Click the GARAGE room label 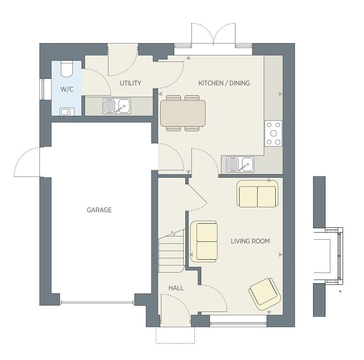(x=99, y=210)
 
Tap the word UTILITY (x=131, y=83)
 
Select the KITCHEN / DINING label (x=224, y=83)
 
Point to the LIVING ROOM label (x=250, y=241)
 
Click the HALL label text (x=176, y=288)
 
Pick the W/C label (x=67, y=89)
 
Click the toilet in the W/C (x=67, y=69)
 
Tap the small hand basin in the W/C (x=67, y=112)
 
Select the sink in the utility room (x=117, y=106)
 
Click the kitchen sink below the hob (x=240, y=164)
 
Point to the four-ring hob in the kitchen (x=274, y=133)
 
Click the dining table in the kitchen (x=183, y=113)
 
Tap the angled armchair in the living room (x=265, y=294)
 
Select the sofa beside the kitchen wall (x=257, y=194)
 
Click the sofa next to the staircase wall (x=204, y=241)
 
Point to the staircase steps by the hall (x=172, y=252)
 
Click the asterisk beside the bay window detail (x=340, y=291)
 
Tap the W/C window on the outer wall (x=43, y=89)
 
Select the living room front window (x=238, y=323)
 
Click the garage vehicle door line (x=97, y=302)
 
